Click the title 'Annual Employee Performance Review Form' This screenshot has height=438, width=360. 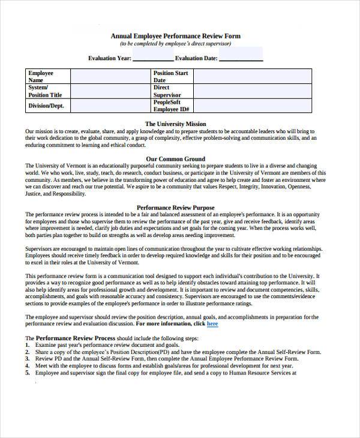point(175,36)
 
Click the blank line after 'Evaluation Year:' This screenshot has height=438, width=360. point(152,58)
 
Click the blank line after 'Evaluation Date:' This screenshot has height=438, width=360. point(241,58)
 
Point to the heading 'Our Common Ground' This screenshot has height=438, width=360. point(175,159)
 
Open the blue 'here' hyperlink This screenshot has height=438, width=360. point(212,324)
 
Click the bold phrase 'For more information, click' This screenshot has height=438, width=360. point(170,324)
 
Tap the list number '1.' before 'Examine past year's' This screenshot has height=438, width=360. point(28,346)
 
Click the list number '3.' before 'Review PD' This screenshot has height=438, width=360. point(28,359)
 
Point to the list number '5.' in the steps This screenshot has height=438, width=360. point(28,373)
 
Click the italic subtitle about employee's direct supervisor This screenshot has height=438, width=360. point(175,44)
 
